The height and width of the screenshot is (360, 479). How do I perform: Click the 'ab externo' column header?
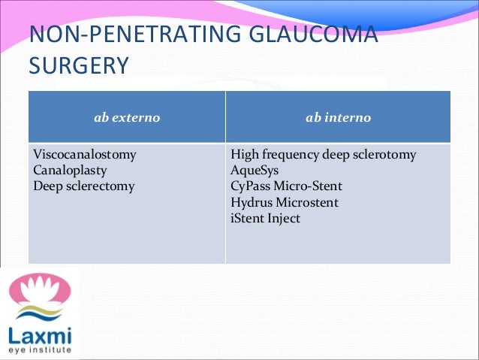126,118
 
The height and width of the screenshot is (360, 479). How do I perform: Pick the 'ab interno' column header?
338,118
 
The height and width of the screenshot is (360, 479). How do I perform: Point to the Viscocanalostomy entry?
84,155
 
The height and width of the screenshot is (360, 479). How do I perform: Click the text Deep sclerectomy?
83,186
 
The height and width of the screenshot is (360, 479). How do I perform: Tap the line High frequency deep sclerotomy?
323,155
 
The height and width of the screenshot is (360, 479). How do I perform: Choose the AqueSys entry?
255,171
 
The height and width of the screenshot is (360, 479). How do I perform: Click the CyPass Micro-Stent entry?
286,186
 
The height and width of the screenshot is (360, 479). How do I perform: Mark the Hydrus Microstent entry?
284,202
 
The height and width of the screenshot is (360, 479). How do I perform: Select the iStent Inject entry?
265,218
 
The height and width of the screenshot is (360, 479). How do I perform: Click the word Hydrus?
249,202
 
